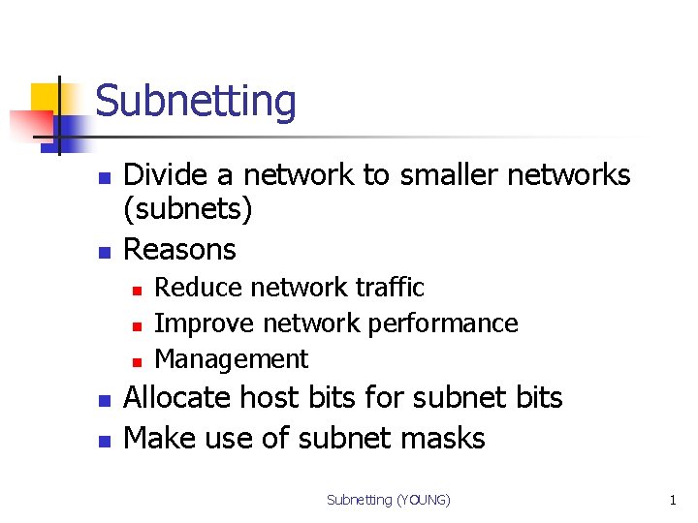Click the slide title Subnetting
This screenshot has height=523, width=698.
pyautogui.click(x=196, y=102)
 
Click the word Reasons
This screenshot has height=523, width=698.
pyautogui.click(x=180, y=250)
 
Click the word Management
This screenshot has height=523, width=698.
pyautogui.click(x=231, y=359)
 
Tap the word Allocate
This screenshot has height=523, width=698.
pyautogui.click(x=178, y=398)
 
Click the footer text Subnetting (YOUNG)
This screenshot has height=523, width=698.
pyautogui.click(x=389, y=500)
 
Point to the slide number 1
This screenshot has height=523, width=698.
pyautogui.click(x=672, y=500)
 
